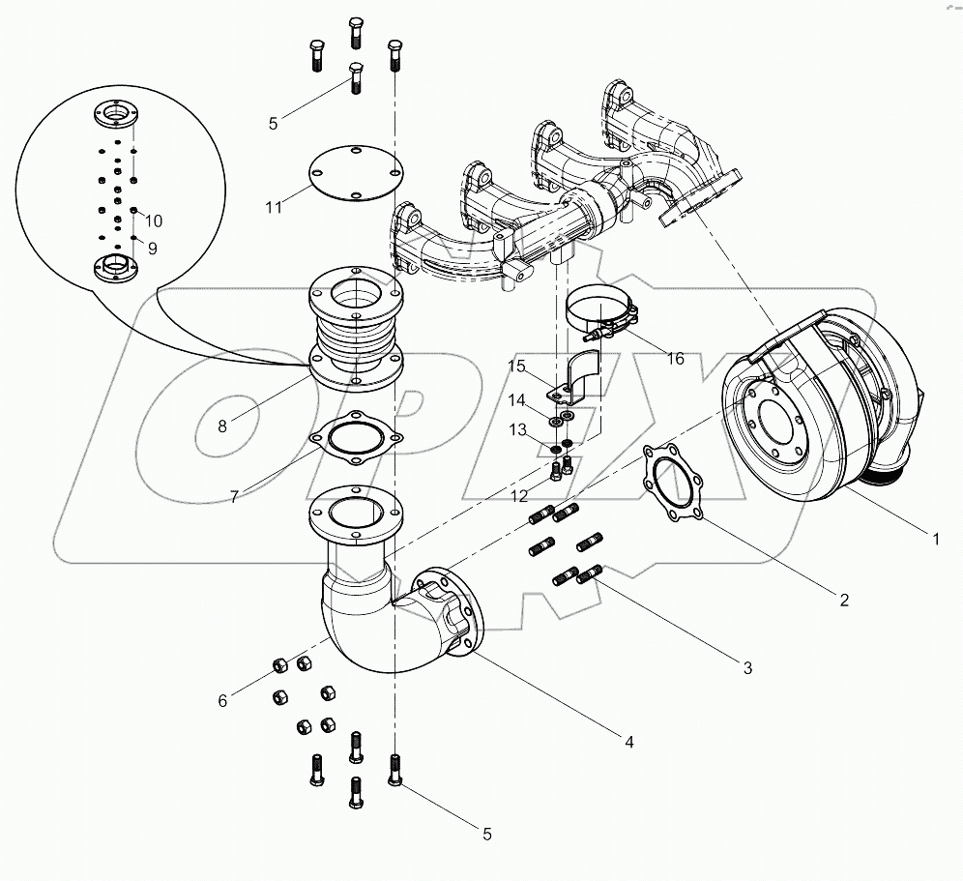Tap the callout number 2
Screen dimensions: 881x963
844,600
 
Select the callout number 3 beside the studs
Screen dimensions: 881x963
746,667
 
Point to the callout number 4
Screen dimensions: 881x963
628,742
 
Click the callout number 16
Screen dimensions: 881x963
675,359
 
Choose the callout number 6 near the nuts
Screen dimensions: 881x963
222,700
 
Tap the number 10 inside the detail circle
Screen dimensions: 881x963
155,221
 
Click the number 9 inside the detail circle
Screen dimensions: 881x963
152,247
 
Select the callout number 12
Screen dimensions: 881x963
521,495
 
